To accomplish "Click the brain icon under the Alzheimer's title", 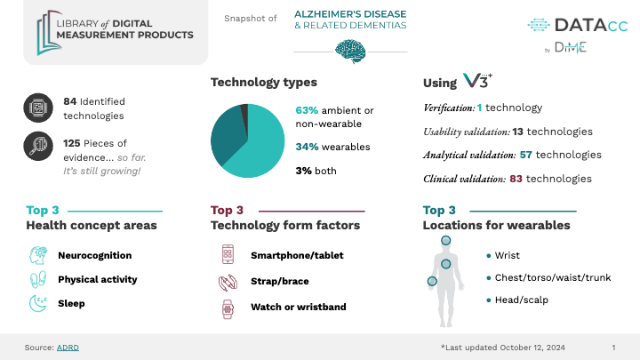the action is coord(350,51).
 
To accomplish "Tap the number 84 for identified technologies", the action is coord(70,101).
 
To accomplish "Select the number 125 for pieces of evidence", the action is coord(71,143).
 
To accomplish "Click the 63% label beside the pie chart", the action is coord(307,110).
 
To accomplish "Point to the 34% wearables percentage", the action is coord(307,147).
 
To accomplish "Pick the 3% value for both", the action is coord(304,171).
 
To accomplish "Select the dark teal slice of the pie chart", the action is coord(228,132).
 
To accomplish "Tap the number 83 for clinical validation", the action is coord(516,179).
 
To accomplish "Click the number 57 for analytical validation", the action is coord(525,155).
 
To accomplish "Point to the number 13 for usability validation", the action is coord(518,132).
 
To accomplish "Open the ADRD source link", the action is coord(68,348).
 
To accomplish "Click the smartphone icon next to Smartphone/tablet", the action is coord(228,254).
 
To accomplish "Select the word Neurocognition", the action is coord(95,255).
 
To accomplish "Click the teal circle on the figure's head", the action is coord(445,240).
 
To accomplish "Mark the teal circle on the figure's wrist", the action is coord(432,281).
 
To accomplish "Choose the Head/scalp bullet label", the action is coord(521,300).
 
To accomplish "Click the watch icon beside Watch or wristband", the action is coord(228,309).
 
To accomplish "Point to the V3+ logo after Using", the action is coord(477,81).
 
